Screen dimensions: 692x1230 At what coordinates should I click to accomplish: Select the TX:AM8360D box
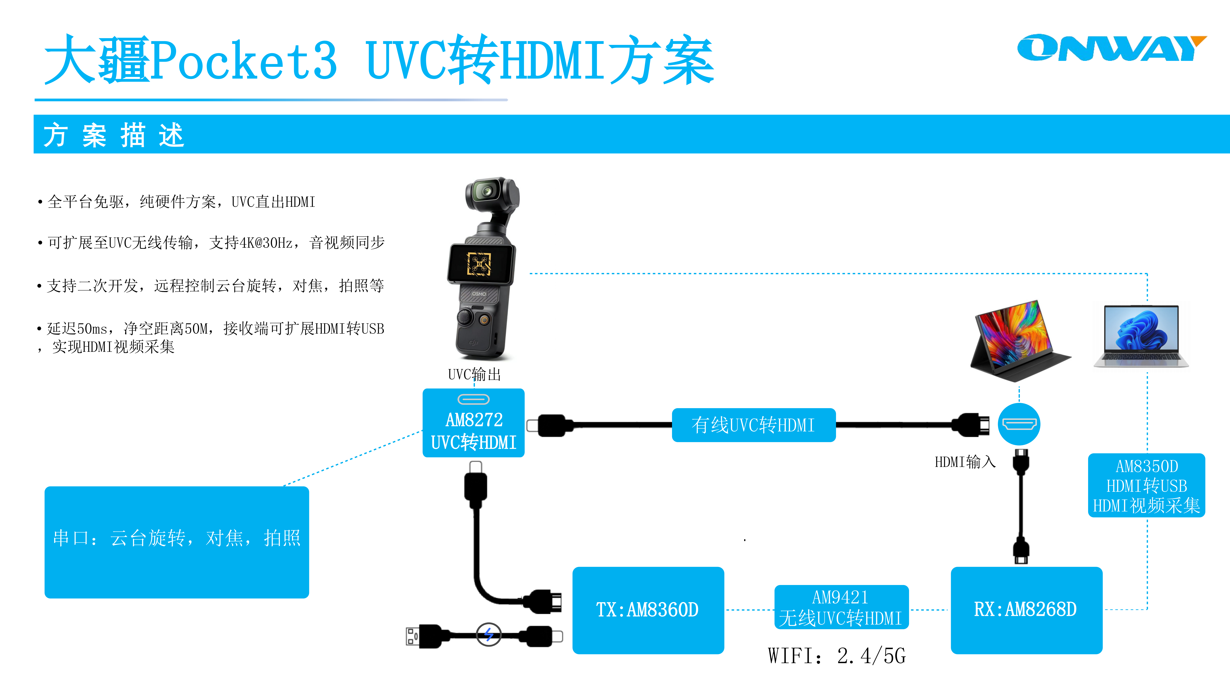coord(648,610)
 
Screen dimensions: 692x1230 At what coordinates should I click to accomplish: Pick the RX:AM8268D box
coord(1026,610)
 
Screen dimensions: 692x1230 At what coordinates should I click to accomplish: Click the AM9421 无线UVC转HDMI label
coord(841,607)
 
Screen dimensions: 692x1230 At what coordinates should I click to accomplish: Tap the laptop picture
coord(1141,337)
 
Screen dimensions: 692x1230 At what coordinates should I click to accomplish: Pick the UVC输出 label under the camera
coord(474,374)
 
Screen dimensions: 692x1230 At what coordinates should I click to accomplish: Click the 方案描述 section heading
coord(114,135)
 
